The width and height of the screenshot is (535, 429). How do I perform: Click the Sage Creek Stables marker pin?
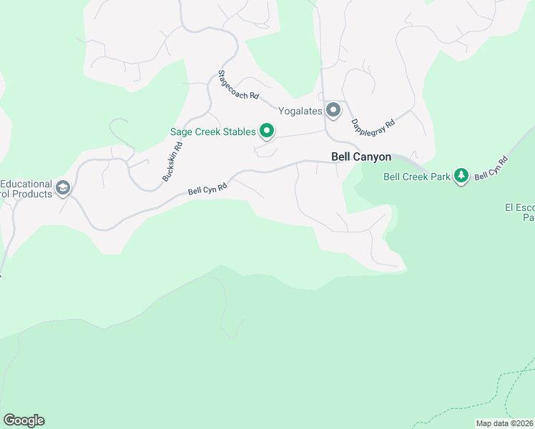pyautogui.click(x=267, y=130)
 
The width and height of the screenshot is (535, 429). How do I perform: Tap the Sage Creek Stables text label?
pyautogui.click(x=212, y=132)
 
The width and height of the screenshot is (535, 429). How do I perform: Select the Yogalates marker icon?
pyautogui.click(x=333, y=110)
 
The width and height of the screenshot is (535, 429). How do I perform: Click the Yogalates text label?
pyautogui.click(x=300, y=111)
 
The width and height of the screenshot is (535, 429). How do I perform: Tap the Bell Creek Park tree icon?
pyautogui.click(x=462, y=175)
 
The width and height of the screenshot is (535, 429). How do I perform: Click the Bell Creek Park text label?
pyautogui.click(x=417, y=177)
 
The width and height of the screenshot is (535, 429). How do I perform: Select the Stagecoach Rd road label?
pyautogui.click(x=238, y=86)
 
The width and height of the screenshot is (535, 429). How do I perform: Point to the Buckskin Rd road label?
pyautogui.click(x=172, y=161)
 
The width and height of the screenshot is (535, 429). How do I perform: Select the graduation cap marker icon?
pyautogui.click(x=63, y=188)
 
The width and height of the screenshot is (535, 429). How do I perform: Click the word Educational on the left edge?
pyautogui.click(x=26, y=184)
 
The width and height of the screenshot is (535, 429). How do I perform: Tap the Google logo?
pyautogui.click(x=24, y=420)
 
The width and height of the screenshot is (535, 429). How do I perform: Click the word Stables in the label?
pyautogui.click(x=239, y=132)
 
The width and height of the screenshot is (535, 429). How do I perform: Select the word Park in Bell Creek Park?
pyautogui.click(x=438, y=177)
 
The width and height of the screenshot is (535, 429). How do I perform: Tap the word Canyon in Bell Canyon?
pyautogui.click(x=368, y=156)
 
